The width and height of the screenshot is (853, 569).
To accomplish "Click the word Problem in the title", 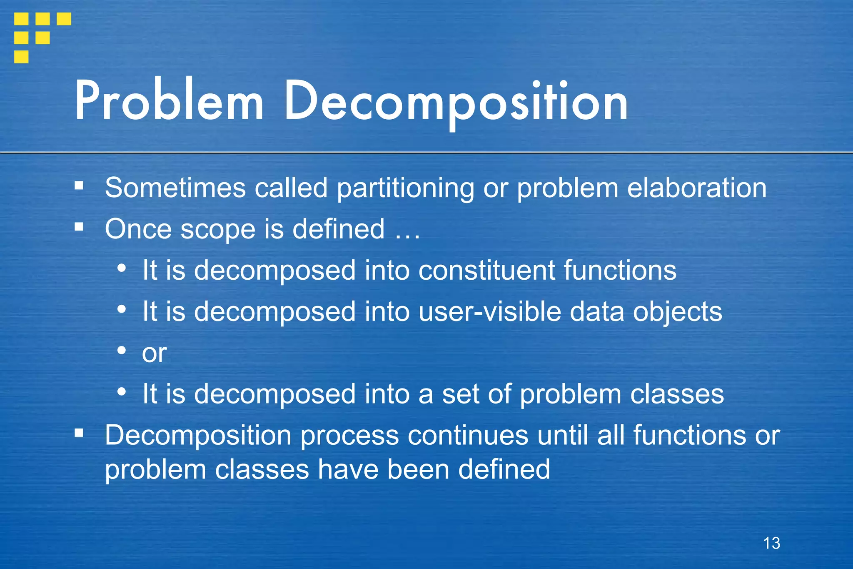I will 169,101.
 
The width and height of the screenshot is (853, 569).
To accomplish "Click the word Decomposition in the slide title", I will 456,102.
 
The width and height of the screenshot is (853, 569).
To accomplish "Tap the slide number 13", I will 771,543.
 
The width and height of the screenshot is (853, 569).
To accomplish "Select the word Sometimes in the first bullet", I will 175,188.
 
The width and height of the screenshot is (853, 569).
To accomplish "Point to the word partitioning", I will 405,188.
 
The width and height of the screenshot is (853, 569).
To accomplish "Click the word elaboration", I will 696,188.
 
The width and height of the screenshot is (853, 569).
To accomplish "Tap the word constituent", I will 486,270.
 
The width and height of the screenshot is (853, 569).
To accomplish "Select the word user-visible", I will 489,311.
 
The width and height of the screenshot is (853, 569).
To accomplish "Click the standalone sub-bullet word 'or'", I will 155,353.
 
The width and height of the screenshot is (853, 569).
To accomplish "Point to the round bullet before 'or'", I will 122,351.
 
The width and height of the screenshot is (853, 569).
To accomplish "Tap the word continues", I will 468,436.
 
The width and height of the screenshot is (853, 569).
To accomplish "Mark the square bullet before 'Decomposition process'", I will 79,434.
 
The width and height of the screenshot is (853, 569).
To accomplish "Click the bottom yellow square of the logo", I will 21,56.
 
